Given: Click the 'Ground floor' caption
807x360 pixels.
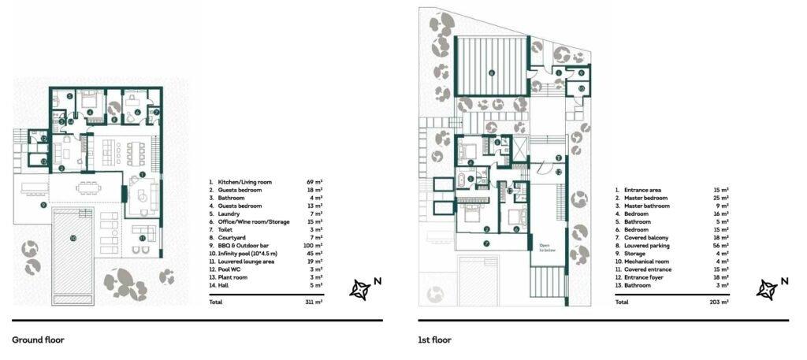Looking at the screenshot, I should tap(38, 340).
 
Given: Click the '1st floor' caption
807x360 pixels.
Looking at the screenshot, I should tap(435, 340).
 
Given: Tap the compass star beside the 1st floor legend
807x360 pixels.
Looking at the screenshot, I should tap(766, 290).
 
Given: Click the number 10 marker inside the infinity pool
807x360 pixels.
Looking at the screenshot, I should tap(72, 237).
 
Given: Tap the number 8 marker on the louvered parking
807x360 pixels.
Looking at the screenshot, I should tap(491, 73).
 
